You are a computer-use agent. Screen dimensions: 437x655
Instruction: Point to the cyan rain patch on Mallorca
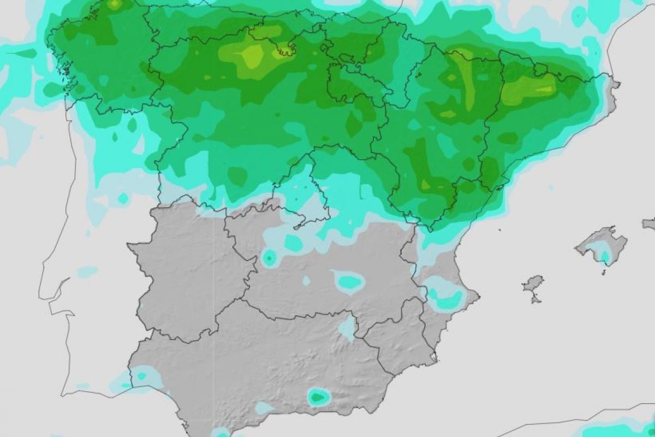click(604, 255)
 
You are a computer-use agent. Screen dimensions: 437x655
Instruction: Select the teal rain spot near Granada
click(318, 397)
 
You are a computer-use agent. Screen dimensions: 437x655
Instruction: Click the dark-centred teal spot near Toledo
click(269, 258)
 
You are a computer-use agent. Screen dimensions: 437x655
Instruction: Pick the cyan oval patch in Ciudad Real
click(348, 282)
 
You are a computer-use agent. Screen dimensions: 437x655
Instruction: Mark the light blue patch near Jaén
click(347, 328)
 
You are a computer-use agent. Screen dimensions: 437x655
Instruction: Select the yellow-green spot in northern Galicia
click(114, 5)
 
